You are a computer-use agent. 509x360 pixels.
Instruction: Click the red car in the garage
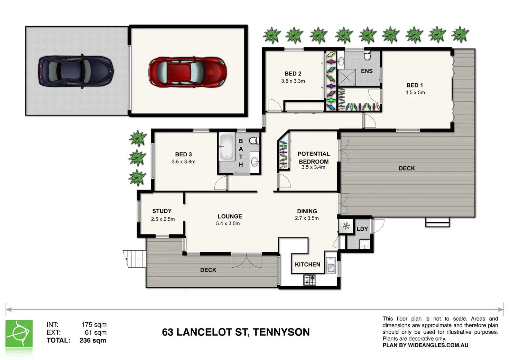point(187,72)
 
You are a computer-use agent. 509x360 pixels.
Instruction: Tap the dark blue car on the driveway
point(76,71)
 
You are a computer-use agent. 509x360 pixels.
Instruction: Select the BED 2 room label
point(293,74)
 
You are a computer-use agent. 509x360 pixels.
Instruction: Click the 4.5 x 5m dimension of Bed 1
point(415,92)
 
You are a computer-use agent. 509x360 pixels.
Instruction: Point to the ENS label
point(367,71)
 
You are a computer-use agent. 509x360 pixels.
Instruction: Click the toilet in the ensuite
point(367,55)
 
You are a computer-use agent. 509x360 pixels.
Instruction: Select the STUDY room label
point(162,211)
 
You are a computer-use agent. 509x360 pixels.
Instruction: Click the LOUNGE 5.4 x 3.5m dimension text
point(228,223)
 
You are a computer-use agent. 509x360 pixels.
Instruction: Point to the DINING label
point(307,211)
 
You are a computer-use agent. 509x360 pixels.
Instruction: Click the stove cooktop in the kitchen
point(309,280)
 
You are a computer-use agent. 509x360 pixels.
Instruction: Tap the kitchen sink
point(331,265)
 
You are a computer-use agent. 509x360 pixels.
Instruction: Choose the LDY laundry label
point(362,229)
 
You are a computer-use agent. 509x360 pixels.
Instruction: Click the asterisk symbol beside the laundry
point(346,226)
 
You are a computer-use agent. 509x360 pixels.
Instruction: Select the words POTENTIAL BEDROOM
point(314,158)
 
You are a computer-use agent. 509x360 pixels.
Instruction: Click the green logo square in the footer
point(19,333)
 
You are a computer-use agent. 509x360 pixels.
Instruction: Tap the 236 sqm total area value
point(93,340)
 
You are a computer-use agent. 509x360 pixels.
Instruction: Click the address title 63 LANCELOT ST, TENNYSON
point(235,332)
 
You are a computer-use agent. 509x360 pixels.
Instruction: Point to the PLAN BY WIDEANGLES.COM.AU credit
point(425,345)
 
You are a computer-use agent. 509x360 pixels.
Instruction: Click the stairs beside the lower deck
point(135,259)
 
